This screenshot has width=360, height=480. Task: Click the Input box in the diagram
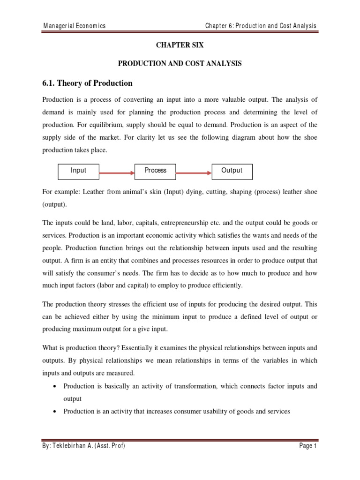point(78,171)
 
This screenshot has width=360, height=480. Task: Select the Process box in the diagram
point(155,171)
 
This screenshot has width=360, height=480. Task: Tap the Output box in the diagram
point(232,171)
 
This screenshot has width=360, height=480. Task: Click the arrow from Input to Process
point(117,172)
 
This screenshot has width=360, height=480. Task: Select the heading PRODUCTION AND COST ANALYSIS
point(180,64)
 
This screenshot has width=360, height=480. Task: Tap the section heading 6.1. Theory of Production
point(88,83)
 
